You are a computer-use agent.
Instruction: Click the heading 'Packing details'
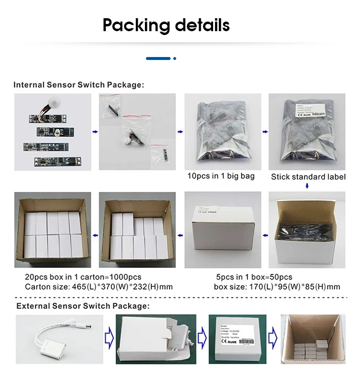(x=166, y=25)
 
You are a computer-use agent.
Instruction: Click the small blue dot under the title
(x=175, y=59)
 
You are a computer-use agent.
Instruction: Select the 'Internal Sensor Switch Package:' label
(x=79, y=85)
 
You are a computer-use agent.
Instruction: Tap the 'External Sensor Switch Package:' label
(x=83, y=305)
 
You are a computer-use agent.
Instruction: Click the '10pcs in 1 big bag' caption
(x=221, y=176)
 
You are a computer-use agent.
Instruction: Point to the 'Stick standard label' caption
(x=308, y=177)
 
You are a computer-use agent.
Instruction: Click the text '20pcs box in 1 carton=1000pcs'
(x=83, y=277)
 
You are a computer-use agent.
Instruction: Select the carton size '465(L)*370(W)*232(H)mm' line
(x=99, y=287)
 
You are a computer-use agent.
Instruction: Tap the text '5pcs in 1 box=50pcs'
(x=254, y=277)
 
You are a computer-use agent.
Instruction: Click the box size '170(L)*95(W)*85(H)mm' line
(x=277, y=287)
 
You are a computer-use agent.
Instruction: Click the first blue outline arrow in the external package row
(x=109, y=339)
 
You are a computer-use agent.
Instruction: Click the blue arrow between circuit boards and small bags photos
(x=95, y=131)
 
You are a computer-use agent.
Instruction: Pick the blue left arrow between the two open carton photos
(x=95, y=235)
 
